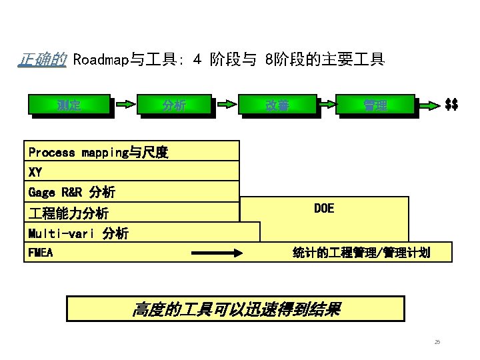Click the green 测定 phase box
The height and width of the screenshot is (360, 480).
point(69,104)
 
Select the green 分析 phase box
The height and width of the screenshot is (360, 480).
point(175,104)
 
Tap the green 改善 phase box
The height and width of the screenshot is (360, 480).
point(277,104)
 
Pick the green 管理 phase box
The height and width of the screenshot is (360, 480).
point(375,104)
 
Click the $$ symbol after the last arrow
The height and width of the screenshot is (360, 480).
point(451,104)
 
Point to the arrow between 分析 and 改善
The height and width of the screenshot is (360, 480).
point(227,104)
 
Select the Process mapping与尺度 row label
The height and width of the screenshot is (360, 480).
point(98,153)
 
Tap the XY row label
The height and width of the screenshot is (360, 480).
point(35,172)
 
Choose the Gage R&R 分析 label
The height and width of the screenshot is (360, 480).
point(72,193)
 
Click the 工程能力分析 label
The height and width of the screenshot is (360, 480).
point(69,213)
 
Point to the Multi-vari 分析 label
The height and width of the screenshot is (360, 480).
point(79,233)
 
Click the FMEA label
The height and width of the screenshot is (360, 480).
point(41,253)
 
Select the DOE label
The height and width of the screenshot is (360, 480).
point(324,209)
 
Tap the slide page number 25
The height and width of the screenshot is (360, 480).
point(437,342)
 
